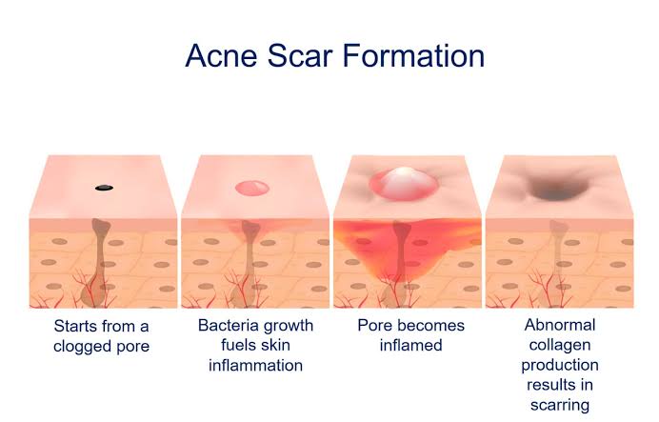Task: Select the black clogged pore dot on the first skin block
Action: click(x=102, y=187)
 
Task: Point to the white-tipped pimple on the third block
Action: click(x=404, y=182)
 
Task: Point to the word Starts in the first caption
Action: click(x=74, y=326)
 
